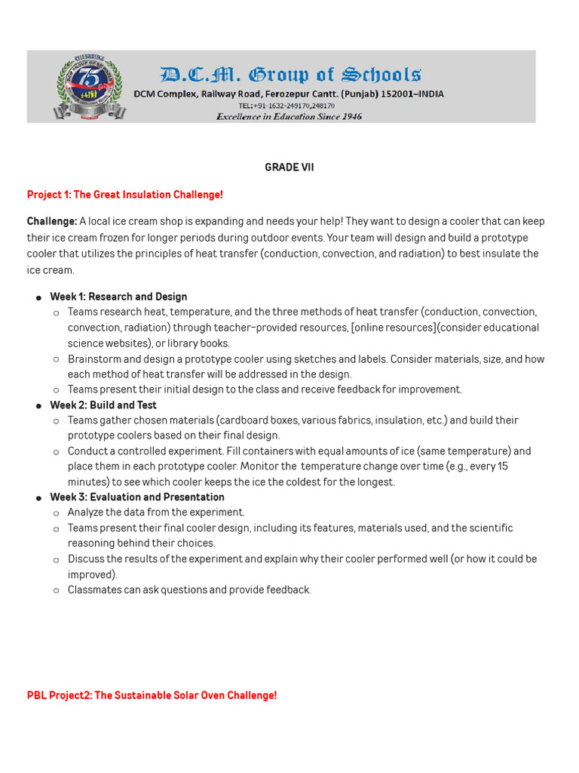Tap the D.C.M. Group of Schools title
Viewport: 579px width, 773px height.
coord(289,74)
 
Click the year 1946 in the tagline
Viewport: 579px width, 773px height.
coord(350,116)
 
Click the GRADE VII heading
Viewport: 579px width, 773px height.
coord(289,168)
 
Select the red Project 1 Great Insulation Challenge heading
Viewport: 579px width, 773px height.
coord(125,195)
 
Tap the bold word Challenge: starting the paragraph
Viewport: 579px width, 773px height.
coord(51,221)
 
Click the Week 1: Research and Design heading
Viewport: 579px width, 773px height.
coord(118,297)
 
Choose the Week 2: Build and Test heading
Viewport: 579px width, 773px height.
coord(103,405)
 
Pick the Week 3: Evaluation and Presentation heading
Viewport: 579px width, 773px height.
coord(137,497)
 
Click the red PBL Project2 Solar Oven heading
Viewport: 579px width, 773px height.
coord(152,695)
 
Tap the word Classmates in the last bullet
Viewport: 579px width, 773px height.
coord(94,590)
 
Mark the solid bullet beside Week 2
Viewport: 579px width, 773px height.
coord(38,405)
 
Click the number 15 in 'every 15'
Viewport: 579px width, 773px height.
coord(502,467)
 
